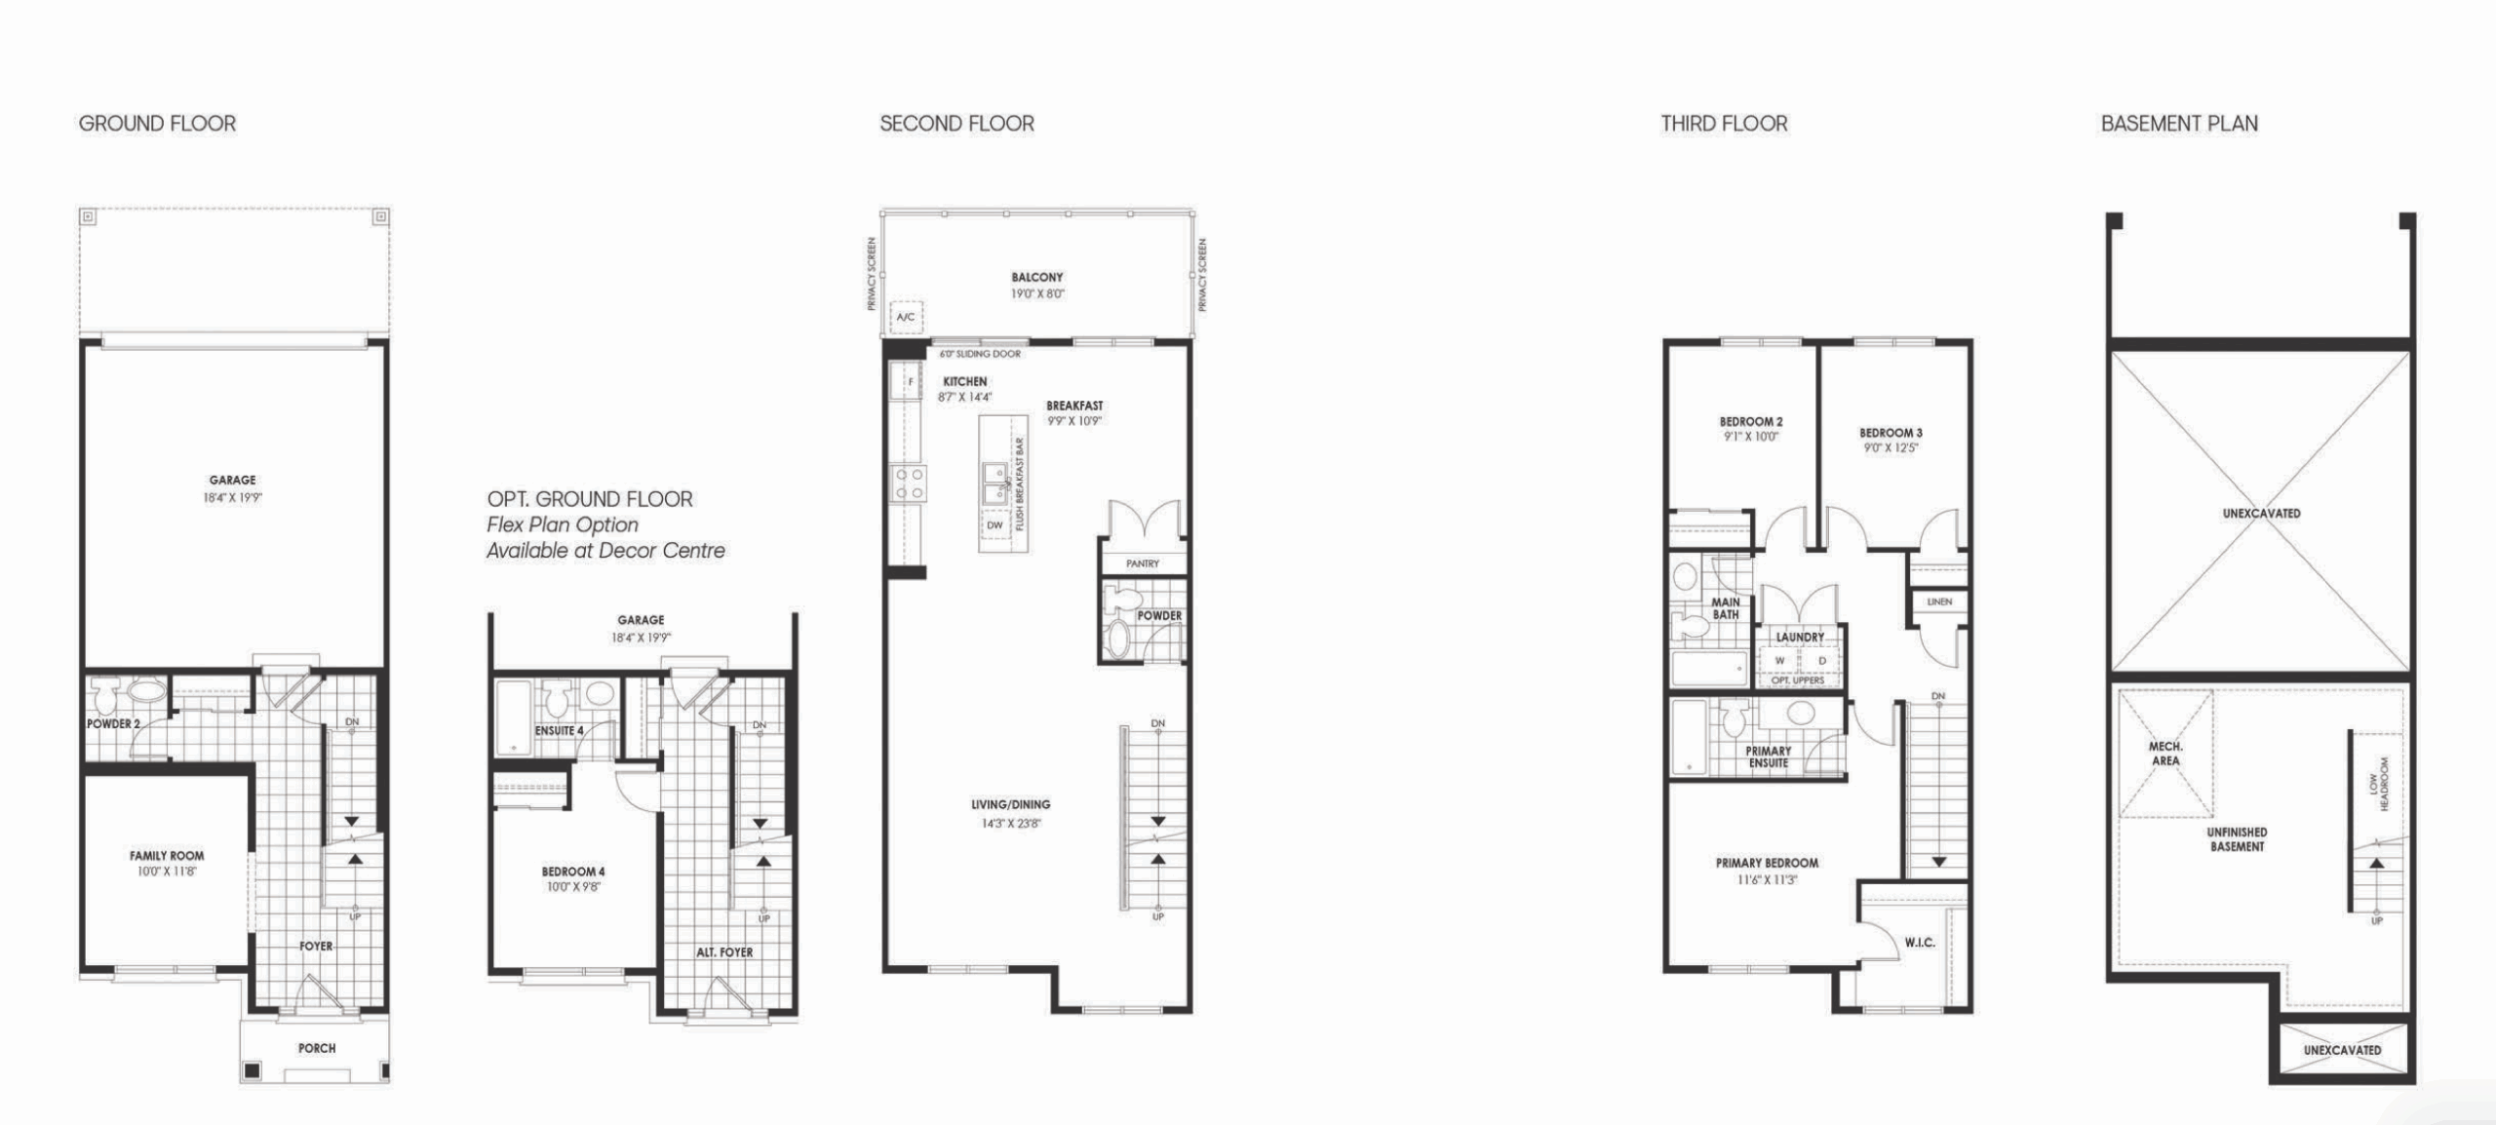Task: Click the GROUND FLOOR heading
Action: coord(157,124)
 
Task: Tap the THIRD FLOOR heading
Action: coord(1724,124)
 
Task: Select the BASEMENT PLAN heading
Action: coord(2179,124)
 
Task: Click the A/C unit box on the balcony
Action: coord(906,317)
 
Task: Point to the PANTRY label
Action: coord(1142,563)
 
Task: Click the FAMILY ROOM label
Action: coord(167,856)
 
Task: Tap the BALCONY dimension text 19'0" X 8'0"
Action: coord(1037,293)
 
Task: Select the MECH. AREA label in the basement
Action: coord(2165,754)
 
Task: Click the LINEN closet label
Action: coord(1939,602)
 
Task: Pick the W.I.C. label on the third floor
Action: coord(1920,943)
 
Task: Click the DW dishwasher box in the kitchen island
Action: coord(994,525)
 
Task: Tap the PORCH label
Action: coord(317,1048)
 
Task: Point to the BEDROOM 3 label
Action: coord(1891,433)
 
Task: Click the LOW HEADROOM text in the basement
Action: coord(2380,784)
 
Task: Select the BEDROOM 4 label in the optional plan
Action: coord(573,872)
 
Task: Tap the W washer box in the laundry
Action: coord(1780,661)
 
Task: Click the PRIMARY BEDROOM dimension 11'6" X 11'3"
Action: coord(1767,879)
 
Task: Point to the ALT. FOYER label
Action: coord(724,952)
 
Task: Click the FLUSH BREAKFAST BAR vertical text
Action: coord(1020,484)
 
